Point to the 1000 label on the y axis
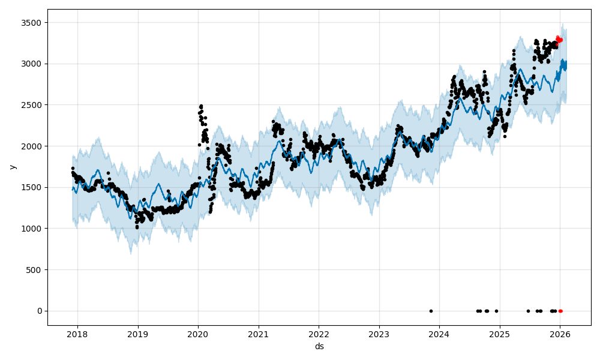34,229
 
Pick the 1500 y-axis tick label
34,187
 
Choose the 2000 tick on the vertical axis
34,146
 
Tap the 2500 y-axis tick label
34,105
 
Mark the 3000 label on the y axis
34,64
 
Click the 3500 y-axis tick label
34,23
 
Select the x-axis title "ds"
319,346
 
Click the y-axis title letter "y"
12,167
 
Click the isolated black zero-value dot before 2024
431,311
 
